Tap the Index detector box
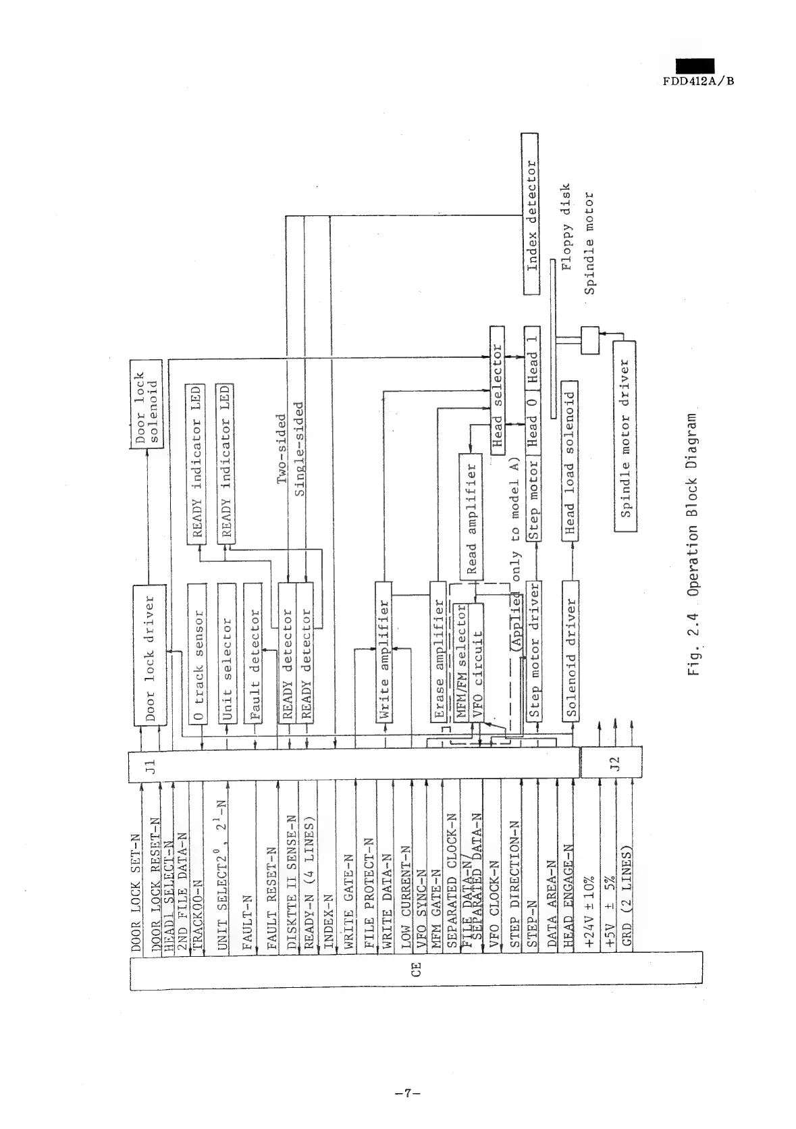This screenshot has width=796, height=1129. pos(531,214)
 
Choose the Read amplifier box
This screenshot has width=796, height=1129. pos(471,517)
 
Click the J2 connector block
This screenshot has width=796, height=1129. pos(612,764)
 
